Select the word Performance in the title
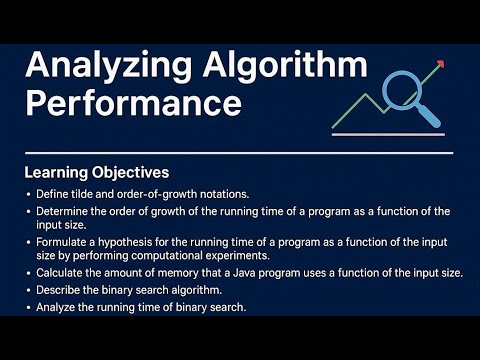point(133,103)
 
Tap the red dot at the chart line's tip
point(441,63)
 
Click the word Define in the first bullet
point(53,193)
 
